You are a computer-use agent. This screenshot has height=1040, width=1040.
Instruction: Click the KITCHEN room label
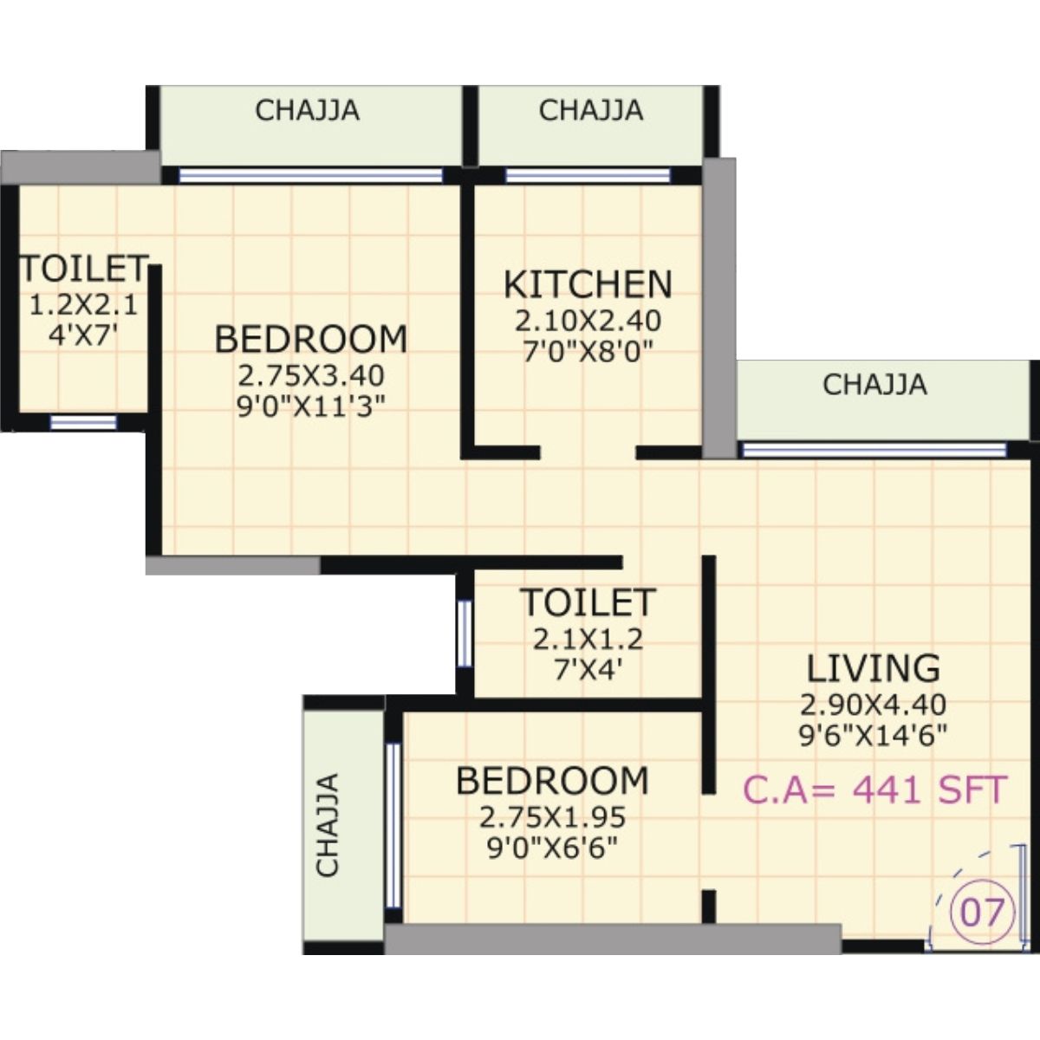point(588,284)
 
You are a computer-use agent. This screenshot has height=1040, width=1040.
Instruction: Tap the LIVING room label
point(873,668)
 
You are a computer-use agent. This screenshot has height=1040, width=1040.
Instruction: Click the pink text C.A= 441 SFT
point(874,790)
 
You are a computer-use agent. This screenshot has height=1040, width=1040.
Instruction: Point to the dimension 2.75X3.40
point(310,375)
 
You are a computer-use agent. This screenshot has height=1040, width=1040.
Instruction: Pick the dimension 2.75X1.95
point(552,816)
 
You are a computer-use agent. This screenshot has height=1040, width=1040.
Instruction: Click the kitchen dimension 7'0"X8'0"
point(588,350)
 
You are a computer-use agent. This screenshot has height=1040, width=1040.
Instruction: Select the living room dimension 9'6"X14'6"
point(873,735)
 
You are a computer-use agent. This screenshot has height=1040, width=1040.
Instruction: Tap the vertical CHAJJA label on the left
point(328,824)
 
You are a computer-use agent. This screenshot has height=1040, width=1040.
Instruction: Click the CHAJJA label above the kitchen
point(590,111)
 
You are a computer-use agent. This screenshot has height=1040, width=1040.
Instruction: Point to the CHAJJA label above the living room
point(874,384)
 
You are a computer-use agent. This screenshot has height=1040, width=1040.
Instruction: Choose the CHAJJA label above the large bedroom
point(307,111)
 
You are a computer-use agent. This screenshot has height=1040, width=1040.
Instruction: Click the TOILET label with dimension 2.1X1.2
point(588,601)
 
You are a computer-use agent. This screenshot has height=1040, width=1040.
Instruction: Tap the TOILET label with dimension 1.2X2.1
point(83,269)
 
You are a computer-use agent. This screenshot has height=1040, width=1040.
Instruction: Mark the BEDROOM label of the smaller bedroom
point(552,780)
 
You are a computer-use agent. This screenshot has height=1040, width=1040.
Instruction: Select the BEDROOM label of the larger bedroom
point(310,339)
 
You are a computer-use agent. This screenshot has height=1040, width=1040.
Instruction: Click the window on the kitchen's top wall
point(588,176)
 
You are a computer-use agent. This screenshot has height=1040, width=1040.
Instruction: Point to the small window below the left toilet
point(83,422)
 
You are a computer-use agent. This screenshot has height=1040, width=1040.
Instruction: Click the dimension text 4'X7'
point(83,335)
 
